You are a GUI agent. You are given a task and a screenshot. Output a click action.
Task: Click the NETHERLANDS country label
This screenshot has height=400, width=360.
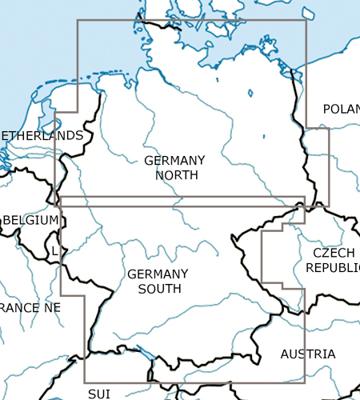point(40,135)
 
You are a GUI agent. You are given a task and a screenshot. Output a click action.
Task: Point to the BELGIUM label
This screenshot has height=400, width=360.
point(30,220)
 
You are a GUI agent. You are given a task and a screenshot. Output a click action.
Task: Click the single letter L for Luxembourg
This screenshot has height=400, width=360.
point(54,251)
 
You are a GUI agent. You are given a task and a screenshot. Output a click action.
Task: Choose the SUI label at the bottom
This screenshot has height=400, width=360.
point(99,394)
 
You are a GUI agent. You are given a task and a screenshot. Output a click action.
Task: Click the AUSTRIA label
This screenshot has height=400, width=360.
point(307,354)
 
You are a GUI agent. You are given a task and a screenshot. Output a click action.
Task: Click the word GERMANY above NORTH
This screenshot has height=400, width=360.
point(174,160)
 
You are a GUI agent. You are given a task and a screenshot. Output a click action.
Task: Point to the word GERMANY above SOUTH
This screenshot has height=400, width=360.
point(158,274)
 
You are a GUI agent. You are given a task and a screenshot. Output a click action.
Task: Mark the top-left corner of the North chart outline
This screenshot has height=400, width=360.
point(77,20)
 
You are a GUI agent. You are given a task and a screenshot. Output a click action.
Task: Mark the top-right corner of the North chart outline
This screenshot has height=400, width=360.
point(306,20)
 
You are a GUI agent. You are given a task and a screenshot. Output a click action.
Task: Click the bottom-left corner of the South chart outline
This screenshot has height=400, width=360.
point(85,382)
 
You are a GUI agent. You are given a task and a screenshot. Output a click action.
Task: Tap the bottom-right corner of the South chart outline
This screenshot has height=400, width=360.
point(305,382)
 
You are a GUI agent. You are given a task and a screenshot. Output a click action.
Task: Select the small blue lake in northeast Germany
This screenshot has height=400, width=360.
point(250,93)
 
